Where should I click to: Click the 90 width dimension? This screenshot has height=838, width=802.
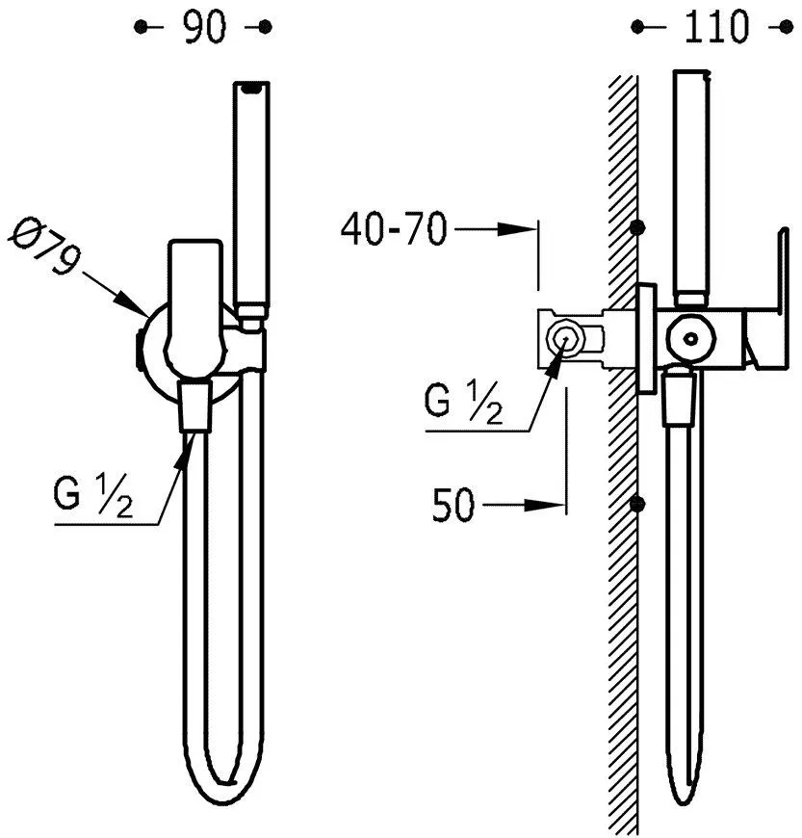point(203,28)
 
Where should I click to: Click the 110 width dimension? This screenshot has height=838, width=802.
point(716,28)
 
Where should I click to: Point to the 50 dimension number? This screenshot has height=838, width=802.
point(453,505)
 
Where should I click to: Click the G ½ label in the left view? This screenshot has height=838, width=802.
point(94,498)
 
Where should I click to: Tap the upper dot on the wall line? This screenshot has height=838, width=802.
point(636,229)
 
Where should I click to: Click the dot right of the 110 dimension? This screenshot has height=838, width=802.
point(786,28)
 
